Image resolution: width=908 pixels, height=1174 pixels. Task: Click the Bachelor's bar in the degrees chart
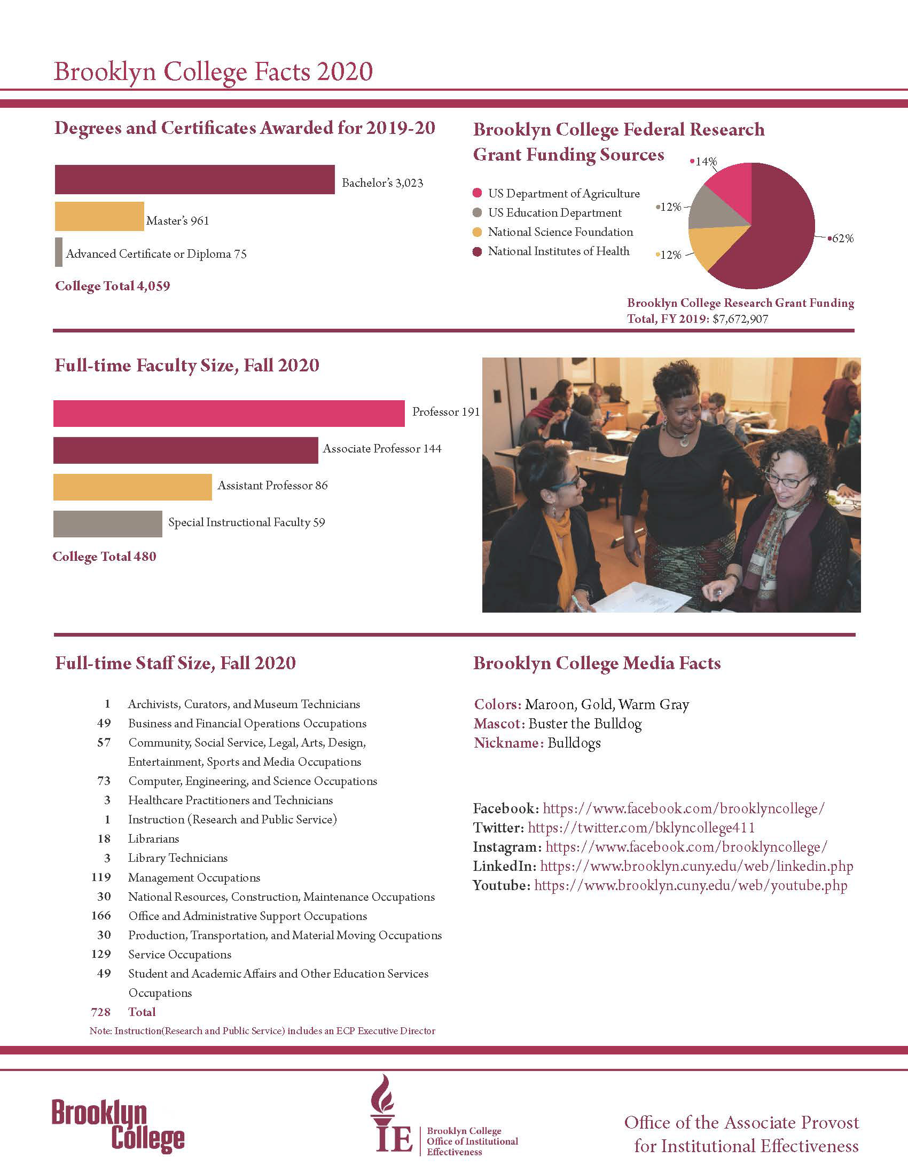click(194, 179)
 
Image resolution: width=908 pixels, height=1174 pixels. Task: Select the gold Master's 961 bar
click(99, 217)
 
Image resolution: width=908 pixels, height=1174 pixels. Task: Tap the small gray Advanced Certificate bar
click(59, 252)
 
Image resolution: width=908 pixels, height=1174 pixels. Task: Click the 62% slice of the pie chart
click(774, 236)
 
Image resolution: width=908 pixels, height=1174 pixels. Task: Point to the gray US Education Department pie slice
click(713, 212)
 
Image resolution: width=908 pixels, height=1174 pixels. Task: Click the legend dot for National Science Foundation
click(477, 232)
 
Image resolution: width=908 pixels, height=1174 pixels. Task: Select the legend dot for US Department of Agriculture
click(477, 194)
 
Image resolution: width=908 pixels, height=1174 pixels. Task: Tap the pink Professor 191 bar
click(229, 414)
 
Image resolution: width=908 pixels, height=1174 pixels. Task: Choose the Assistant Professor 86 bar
click(132, 487)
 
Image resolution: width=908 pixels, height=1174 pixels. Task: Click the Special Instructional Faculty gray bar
click(107, 523)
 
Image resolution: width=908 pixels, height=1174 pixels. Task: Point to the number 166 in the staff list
click(101, 916)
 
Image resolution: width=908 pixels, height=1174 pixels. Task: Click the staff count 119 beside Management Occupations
click(101, 877)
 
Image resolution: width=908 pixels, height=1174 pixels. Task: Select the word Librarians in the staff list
click(153, 838)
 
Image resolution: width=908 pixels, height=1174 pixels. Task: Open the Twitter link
click(641, 828)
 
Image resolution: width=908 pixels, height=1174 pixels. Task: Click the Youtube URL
click(691, 885)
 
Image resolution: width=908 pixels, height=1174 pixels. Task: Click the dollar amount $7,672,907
click(740, 319)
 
